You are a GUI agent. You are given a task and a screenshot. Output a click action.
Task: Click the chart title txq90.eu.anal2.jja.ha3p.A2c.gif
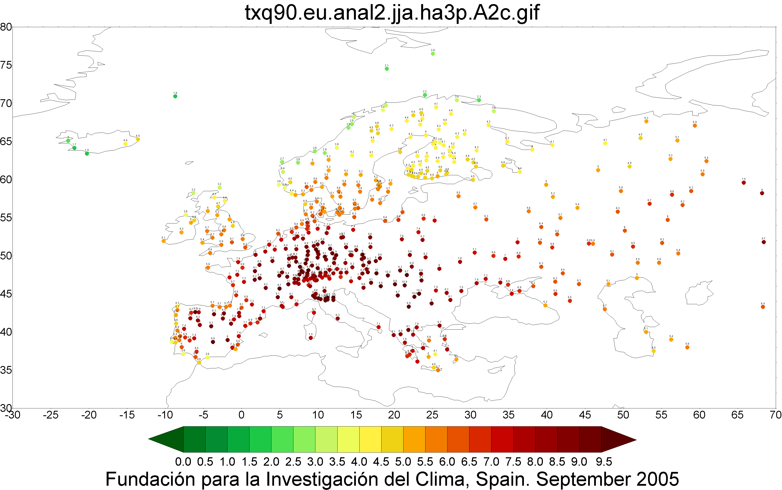392,13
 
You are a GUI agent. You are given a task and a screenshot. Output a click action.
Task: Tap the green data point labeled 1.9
175,96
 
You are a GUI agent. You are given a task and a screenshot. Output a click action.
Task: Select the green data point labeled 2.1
386,69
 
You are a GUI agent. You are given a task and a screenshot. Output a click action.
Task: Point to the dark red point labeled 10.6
404,285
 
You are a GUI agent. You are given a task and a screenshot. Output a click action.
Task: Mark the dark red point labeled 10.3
388,275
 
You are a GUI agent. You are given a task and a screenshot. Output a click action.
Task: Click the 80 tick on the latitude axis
6,27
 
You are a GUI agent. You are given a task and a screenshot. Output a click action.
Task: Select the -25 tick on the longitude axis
51,415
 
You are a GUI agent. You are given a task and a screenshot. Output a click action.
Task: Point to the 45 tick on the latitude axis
6,294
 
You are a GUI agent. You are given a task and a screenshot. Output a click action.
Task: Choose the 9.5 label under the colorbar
604,462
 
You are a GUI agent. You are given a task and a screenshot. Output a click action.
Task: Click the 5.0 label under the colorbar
403,462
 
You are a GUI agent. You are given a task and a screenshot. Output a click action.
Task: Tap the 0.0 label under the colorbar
183,462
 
